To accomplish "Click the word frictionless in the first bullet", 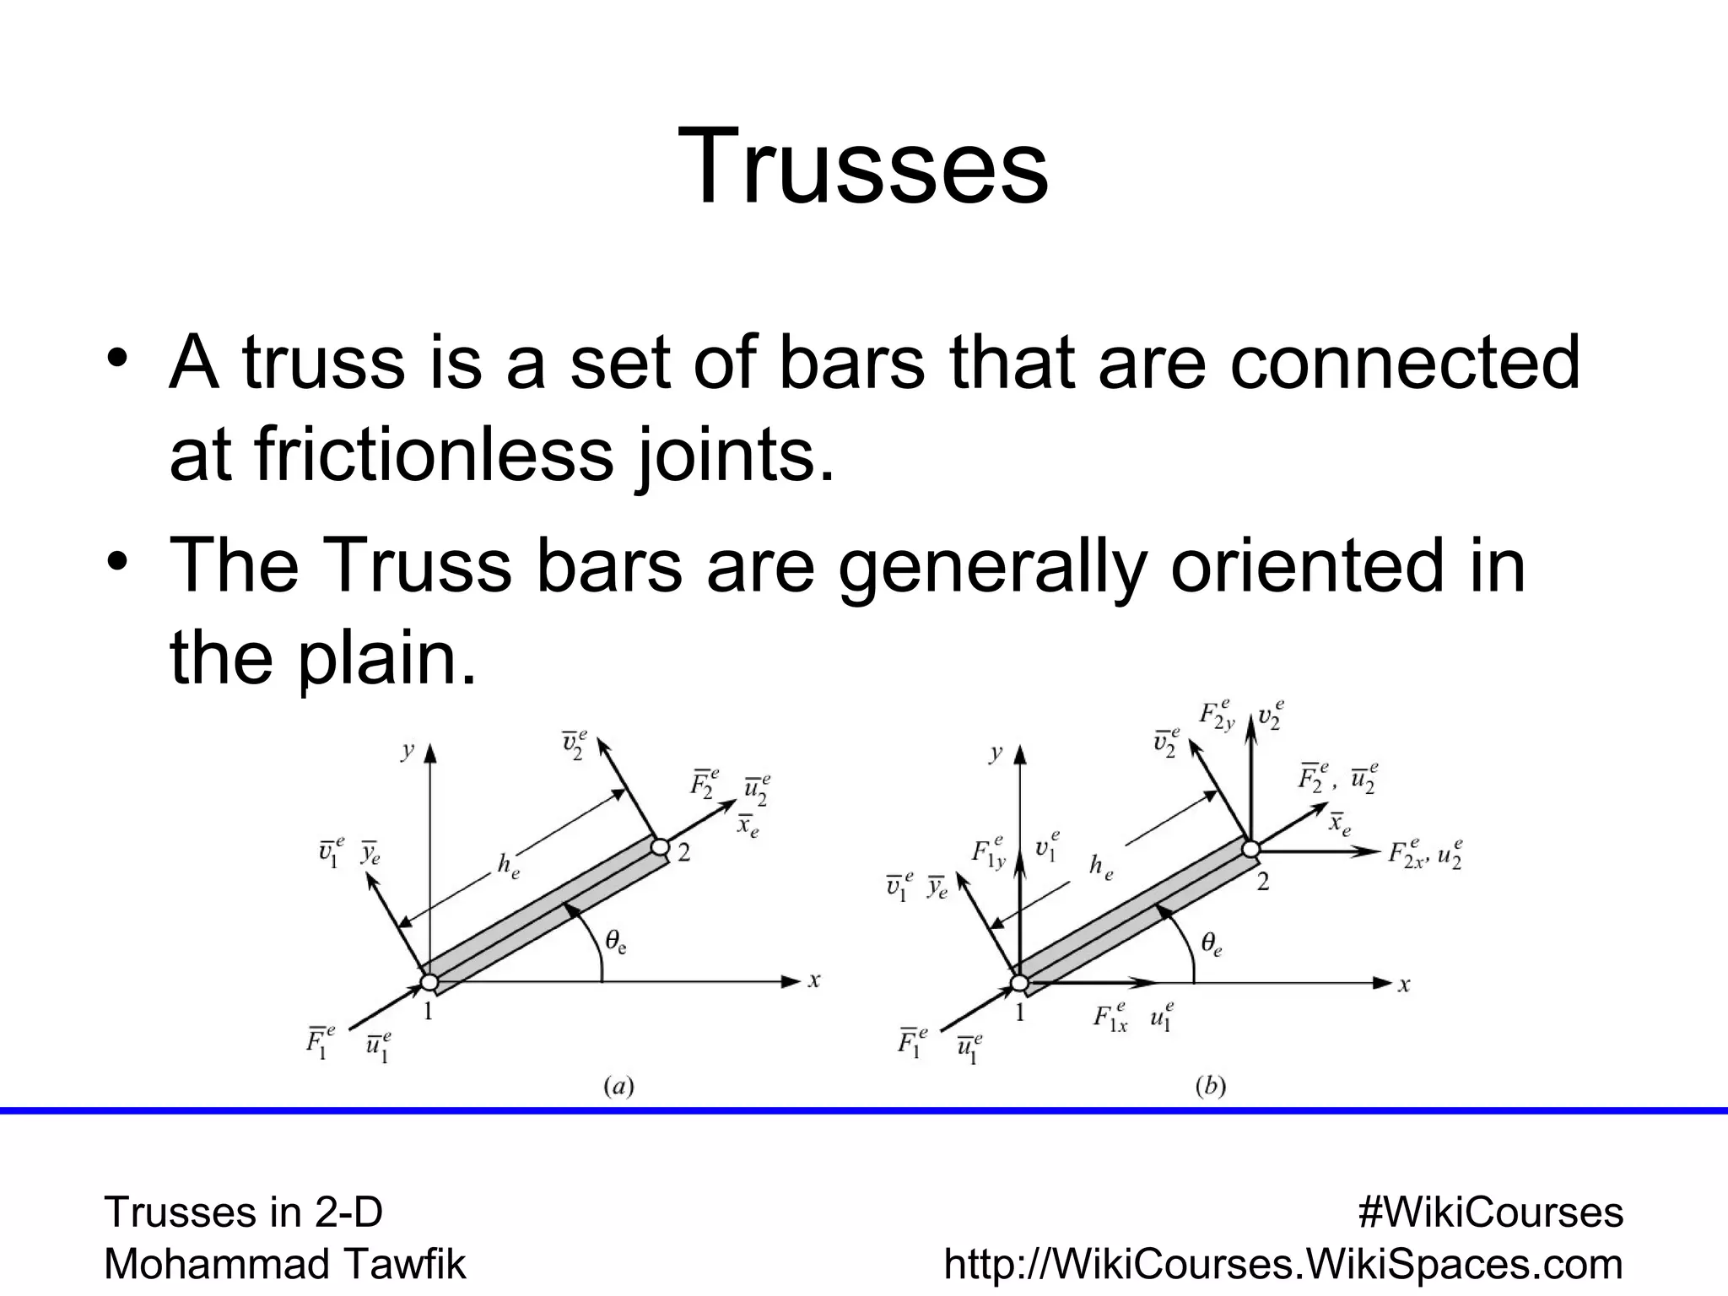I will (x=433, y=455).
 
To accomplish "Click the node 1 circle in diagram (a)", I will (x=429, y=982).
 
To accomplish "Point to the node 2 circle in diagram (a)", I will (x=661, y=846).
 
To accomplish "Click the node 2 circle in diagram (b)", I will (x=1250, y=847).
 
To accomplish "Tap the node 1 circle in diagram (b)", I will (x=1019, y=983).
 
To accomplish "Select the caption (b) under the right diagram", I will (x=1210, y=1087).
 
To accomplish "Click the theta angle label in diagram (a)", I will (x=615, y=941).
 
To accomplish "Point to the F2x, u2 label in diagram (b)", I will (x=1424, y=853).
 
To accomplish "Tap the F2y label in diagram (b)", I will (x=1217, y=715).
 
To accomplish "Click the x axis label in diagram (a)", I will (x=814, y=980).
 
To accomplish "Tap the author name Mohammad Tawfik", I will (x=284, y=1264).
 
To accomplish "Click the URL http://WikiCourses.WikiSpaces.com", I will (x=1283, y=1264).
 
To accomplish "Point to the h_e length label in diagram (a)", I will (x=508, y=866).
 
